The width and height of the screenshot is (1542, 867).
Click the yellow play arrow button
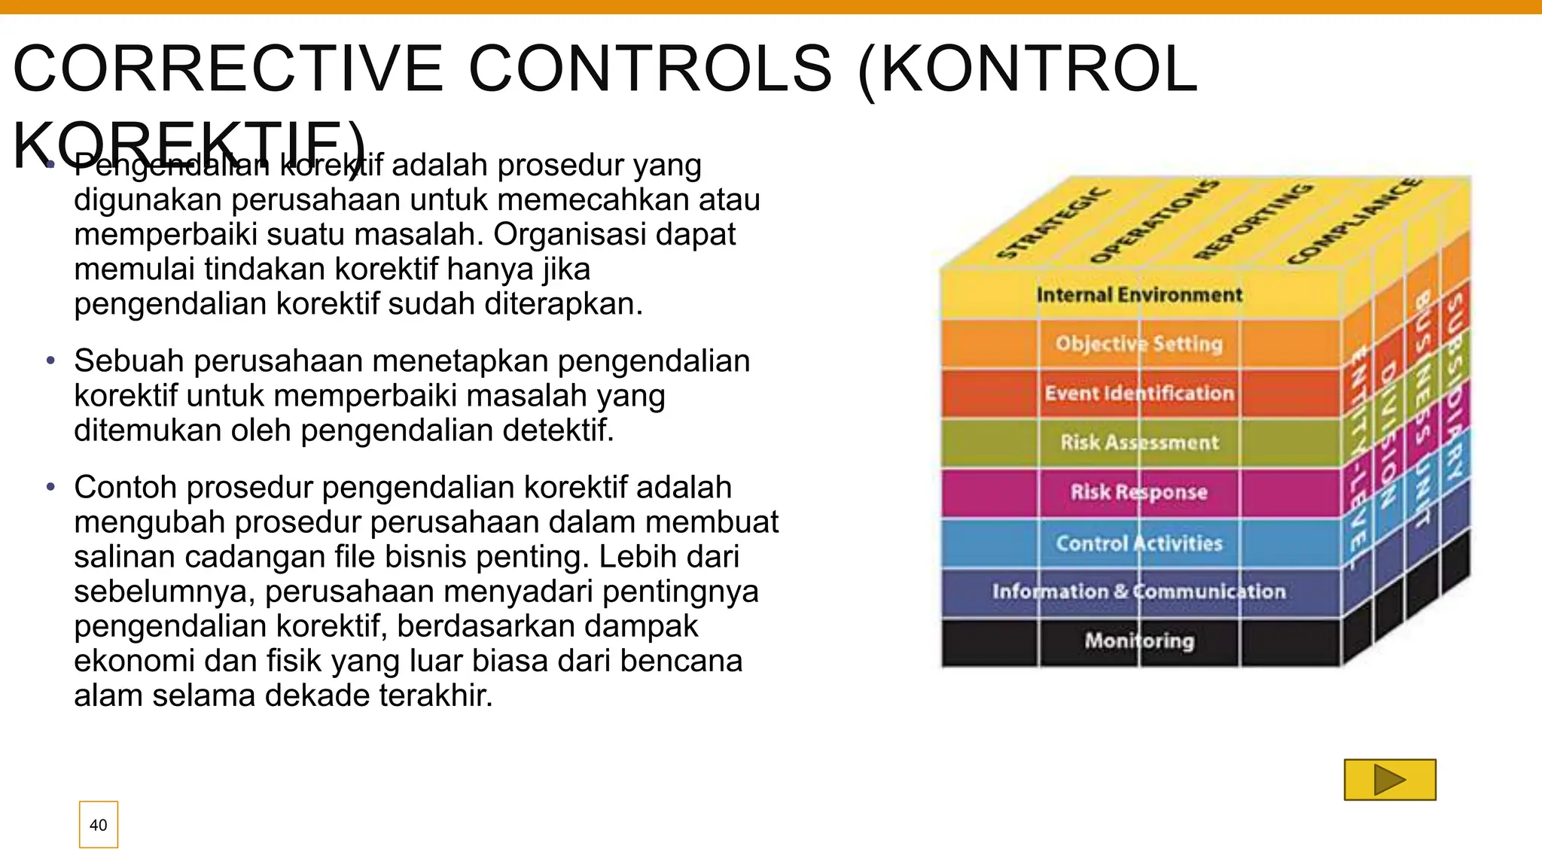click(x=1390, y=780)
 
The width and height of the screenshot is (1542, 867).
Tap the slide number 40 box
click(x=99, y=825)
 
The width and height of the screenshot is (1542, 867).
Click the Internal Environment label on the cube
click(x=1139, y=295)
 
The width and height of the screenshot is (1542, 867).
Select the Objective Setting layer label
click(x=1139, y=344)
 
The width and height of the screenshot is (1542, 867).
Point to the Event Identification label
click(x=1139, y=394)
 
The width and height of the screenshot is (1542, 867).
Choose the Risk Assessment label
click(x=1139, y=443)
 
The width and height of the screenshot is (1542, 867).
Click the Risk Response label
click(x=1139, y=492)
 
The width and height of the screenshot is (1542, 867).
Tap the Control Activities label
click(x=1139, y=543)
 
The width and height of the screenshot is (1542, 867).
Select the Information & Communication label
click(x=1139, y=592)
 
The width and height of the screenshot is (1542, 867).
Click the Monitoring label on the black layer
click(x=1139, y=640)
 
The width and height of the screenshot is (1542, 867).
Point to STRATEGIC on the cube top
click(x=1053, y=224)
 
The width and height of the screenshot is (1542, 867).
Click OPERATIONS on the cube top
click(x=1153, y=222)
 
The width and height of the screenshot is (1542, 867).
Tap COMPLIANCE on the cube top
click(x=1355, y=221)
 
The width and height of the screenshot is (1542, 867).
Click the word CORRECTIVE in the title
click(x=229, y=69)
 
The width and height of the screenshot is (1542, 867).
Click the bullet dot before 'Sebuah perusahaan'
click(x=50, y=361)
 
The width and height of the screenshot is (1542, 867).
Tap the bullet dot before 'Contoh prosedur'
click(x=50, y=488)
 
